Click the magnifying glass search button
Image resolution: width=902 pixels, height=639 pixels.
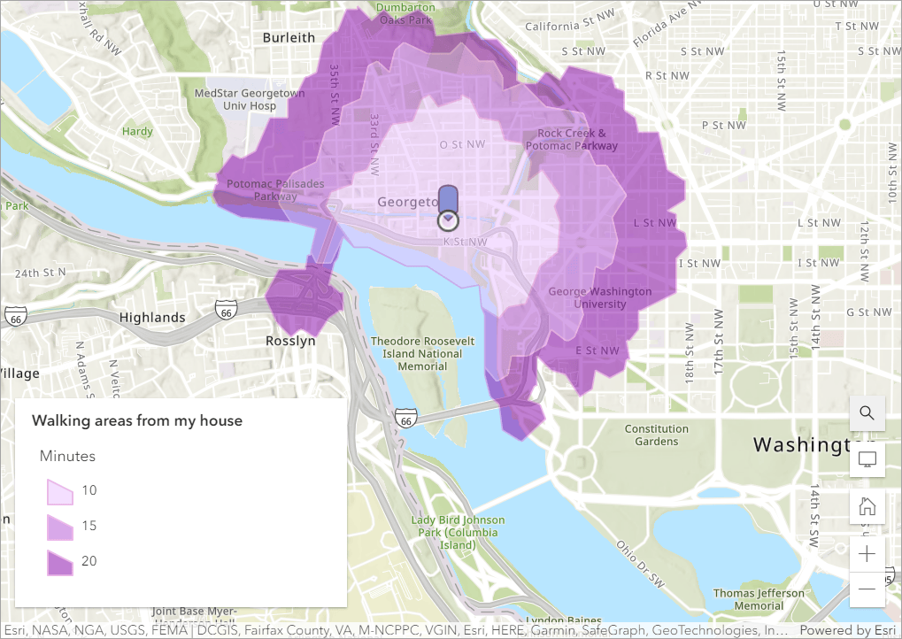pyautogui.click(x=867, y=413)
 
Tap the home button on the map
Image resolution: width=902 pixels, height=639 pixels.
pyautogui.click(x=867, y=507)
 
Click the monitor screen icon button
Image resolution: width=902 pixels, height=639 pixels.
pyautogui.click(x=867, y=460)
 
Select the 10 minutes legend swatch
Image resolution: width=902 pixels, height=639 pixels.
pyautogui.click(x=60, y=491)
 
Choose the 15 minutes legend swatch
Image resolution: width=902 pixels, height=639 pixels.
pyautogui.click(x=60, y=527)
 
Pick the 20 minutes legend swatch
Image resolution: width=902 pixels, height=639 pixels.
pyautogui.click(x=60, y=562)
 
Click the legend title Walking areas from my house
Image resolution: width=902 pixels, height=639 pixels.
pyautogui.click(x=137, y=421)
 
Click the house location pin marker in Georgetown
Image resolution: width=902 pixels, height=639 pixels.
pyautogui.click(x=449, y=207)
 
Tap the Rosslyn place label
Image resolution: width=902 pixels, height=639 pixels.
pyautogui.click(x=290, y=341)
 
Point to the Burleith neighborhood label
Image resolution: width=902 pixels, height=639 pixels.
pyautogui.click(x=289, y=38)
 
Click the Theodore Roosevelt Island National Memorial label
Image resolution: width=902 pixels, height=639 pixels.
pyautogui.click(x=422, y=353)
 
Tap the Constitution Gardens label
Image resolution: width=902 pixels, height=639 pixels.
pyautogui.click(x=656, y=435)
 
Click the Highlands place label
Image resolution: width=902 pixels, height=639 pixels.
pyautogui.click(x=152, y=318)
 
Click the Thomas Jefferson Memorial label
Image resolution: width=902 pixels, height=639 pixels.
pyautogui.click(x=759, y=599)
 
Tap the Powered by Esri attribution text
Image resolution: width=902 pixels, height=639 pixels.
pyautogui.click(x=848, y=630)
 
